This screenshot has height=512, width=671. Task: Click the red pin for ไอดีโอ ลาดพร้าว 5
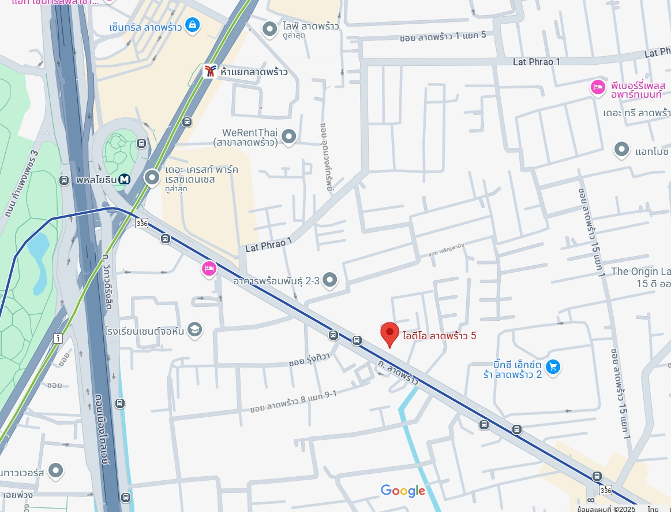click(390, 334)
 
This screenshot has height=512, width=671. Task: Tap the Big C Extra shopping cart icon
click(553, 366)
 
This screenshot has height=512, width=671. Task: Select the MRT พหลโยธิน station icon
click(125, 180)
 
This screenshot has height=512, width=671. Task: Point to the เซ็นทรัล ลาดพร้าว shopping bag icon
click(193, 25)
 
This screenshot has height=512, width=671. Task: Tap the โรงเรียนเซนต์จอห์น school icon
click(196, 329)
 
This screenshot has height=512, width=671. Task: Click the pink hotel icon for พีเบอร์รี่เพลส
click(598, 87)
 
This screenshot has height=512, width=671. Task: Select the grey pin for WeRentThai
click(288, 137)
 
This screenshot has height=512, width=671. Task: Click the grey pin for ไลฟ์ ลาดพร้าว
click(269, 28)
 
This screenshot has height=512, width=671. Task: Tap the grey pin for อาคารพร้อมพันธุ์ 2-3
click(329, 280)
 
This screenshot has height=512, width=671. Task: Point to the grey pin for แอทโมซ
click(621, 150)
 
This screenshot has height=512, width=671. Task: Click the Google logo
click(403, 491)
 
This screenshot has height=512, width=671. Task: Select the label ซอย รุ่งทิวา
click(309, 360)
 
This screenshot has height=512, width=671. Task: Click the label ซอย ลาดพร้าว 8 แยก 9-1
click(293, 402)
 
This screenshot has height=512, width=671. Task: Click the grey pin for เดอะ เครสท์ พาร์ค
click(152, 177)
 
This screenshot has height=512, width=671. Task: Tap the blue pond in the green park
click(38, 254)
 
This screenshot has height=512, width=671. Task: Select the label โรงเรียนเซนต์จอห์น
click(144, 331)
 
